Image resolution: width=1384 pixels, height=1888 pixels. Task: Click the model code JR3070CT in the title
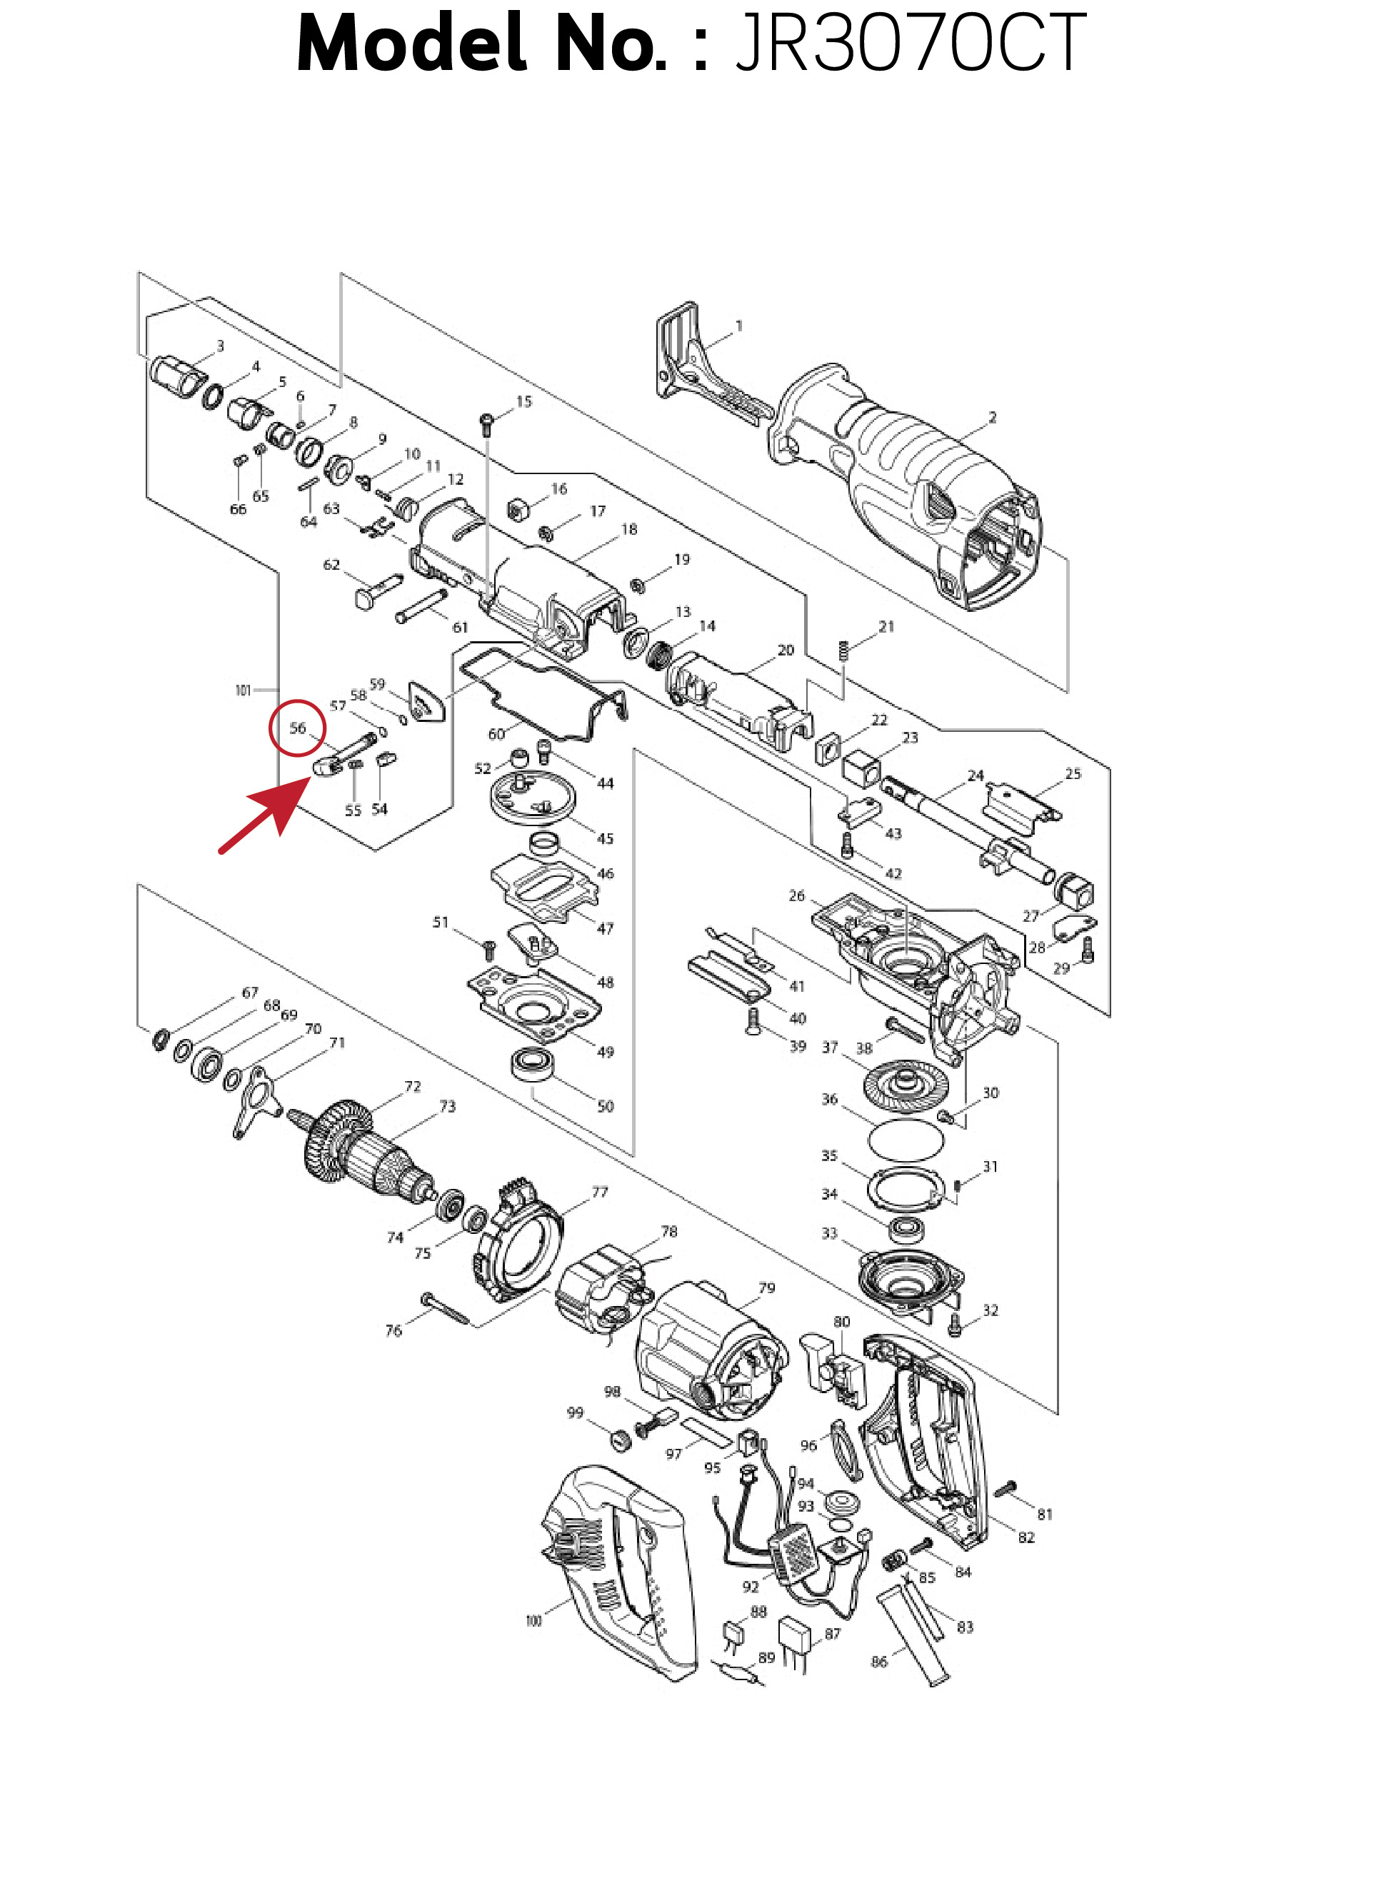coord(910,44)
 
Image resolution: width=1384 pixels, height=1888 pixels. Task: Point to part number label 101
coord(243,691)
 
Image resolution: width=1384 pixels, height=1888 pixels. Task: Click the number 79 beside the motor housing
coord(766,1287)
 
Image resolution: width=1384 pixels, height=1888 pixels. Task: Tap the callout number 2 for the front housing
coord(993,417)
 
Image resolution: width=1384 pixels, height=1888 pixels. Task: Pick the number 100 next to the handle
coord(533,1620)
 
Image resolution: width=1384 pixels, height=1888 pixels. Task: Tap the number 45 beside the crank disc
coord(605,838)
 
